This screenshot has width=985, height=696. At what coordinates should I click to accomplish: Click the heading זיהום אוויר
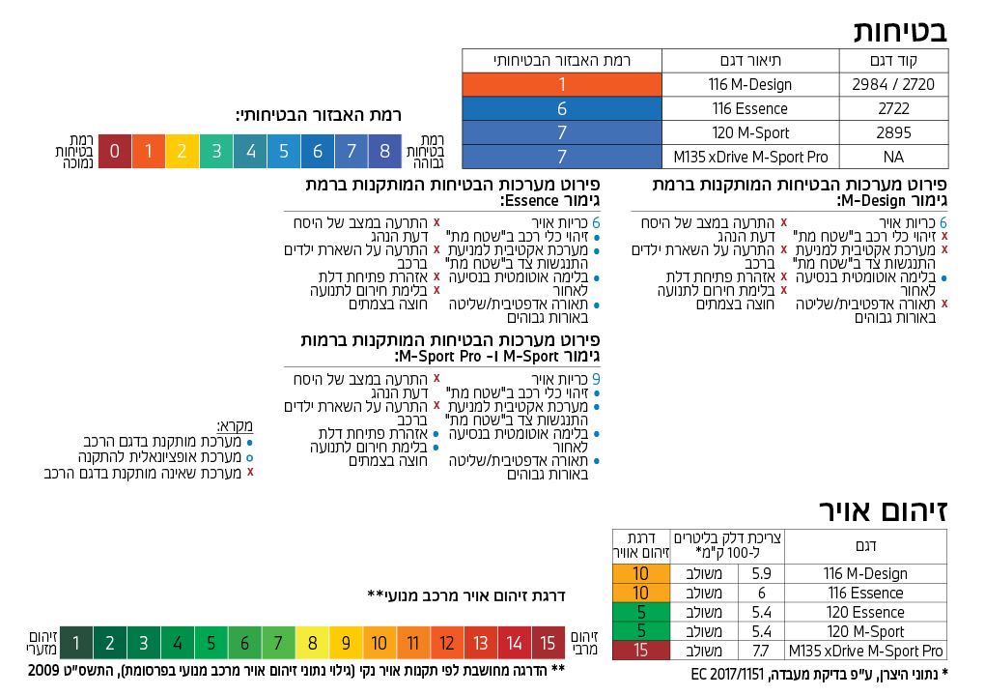(x=883, y=509)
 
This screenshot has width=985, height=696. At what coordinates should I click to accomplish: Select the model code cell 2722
(x=893, y=108)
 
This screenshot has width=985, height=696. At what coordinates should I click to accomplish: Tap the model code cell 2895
(x=893, y=132)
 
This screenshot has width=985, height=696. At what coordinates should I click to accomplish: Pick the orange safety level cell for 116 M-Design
(x=562, y=84)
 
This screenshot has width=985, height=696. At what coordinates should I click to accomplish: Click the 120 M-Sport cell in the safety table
(x=750, y=132)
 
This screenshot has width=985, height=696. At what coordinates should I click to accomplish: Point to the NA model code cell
(x=893, y=157)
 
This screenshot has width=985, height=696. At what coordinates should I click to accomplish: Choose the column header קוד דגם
(x=893, y=60)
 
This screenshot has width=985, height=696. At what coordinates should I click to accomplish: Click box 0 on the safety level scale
(x=115, y=151)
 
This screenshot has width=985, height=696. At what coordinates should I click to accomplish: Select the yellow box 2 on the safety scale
(x=182, y=151)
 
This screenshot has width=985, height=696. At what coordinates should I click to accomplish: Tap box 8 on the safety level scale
(x=384, y=151)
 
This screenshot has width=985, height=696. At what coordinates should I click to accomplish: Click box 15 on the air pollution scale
(x=548, y=643)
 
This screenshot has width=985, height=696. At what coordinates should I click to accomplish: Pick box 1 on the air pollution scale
(x=76, y=643)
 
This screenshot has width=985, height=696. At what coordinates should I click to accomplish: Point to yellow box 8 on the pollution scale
(x=312, y=643)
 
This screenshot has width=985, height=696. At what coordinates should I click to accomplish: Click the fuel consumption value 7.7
(x=760, y=651)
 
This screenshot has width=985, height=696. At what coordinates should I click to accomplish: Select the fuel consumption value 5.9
(x=760, y=573)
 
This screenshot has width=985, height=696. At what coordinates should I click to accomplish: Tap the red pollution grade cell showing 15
(x=640, y=651)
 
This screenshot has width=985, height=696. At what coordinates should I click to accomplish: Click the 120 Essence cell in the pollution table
(x=865, y=612)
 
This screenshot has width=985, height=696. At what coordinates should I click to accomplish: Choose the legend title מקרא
(x=235, y=425)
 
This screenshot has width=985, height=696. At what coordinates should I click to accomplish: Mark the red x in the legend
(x=250, y=473)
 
